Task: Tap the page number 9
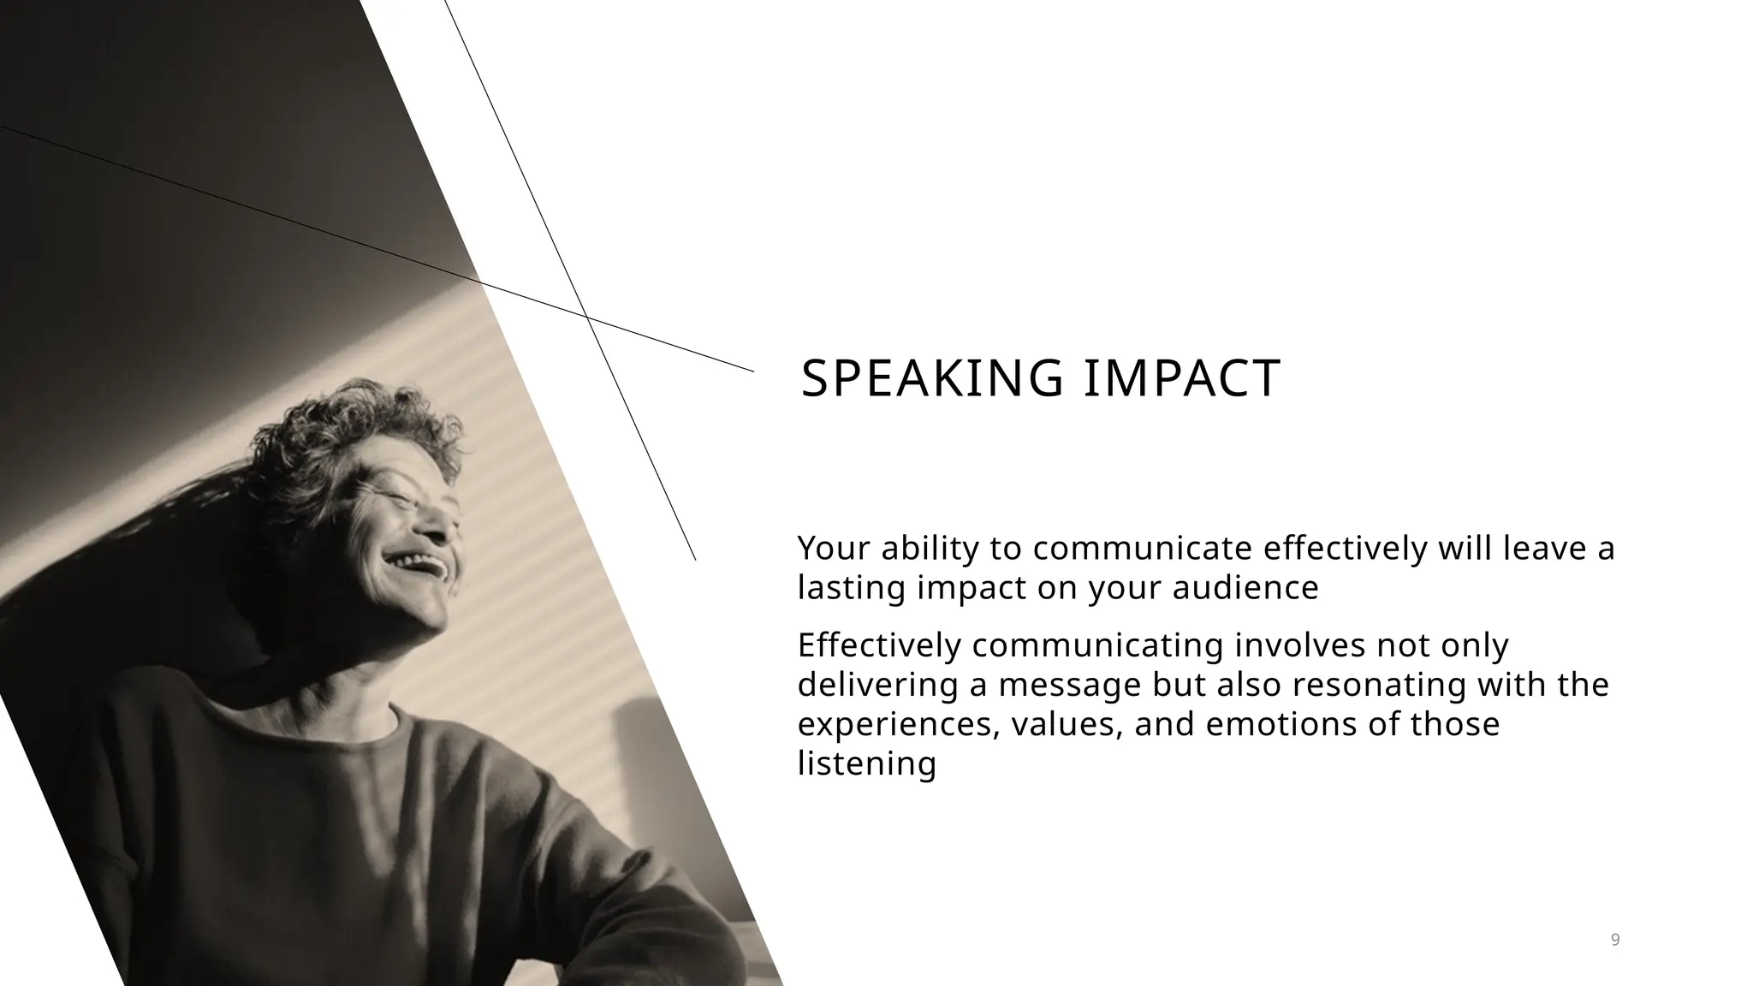point(1615,940)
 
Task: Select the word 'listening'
point(866,763)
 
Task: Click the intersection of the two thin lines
point(587,318)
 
